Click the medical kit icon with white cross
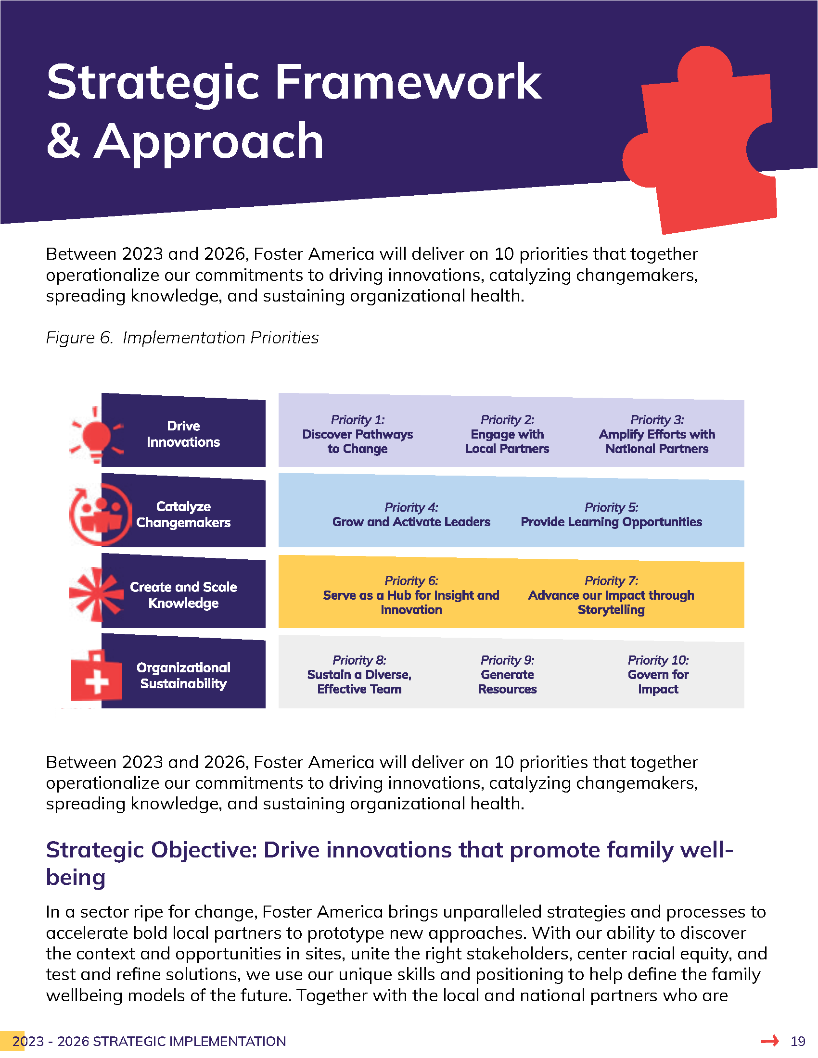[x=96, y=676]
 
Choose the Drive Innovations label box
[x=183, y=434]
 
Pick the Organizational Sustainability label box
[x=183, y=675]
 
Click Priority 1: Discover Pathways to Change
[x=358, y=434]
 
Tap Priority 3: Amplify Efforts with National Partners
[x=657, y=434]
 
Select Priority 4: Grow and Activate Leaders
[x=411, y=515]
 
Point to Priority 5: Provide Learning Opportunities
[x=611, y=515]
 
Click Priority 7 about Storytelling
[x=611, y=595]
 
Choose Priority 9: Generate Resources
[x=507, y=675]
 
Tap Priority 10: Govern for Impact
[x=658, y=675]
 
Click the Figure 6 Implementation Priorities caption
[x=182, y=338]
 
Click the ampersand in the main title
[x=63, y=141]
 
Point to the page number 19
[x=798, y=1041]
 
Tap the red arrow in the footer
[x=769, y=1041]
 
